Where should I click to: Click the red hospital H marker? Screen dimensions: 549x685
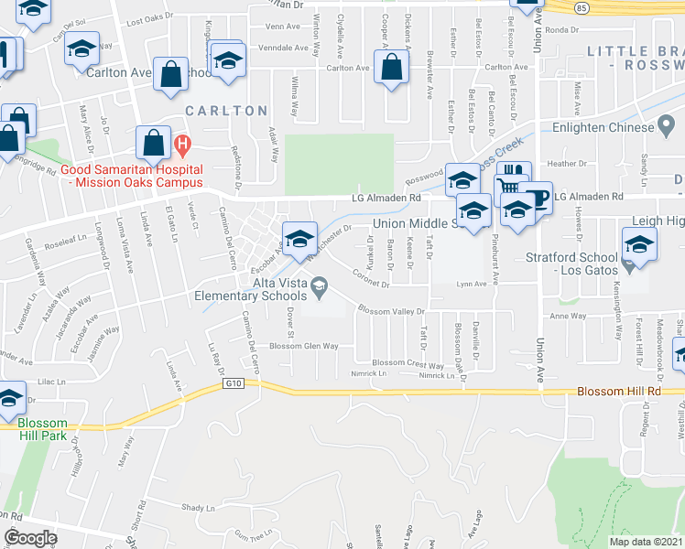[182, 143]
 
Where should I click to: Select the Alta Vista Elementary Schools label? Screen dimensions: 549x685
[249, 288]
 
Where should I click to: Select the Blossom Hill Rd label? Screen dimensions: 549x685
[619, 392]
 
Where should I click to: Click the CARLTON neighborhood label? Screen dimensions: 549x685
[226, 111]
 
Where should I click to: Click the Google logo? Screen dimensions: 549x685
[30, 538]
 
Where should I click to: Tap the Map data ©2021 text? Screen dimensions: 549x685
[646, 542]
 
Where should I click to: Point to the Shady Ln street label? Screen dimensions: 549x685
[197, 508]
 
